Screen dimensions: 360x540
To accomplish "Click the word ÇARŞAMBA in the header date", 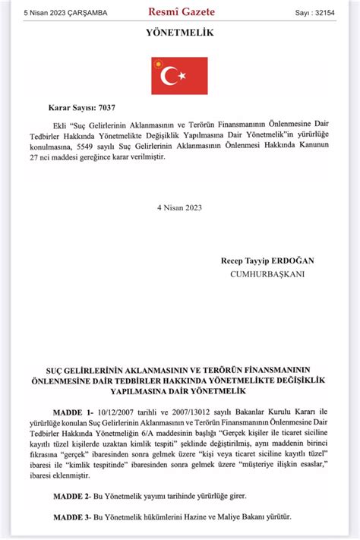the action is coord(86,13).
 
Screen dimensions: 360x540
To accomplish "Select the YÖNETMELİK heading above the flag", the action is coord(180,34).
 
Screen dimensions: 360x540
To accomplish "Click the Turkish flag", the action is coord(179,75).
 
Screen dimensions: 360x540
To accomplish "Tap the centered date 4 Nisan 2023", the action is coord(180,207).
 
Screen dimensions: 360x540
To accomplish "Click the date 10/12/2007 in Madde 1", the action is coord(112,412).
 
